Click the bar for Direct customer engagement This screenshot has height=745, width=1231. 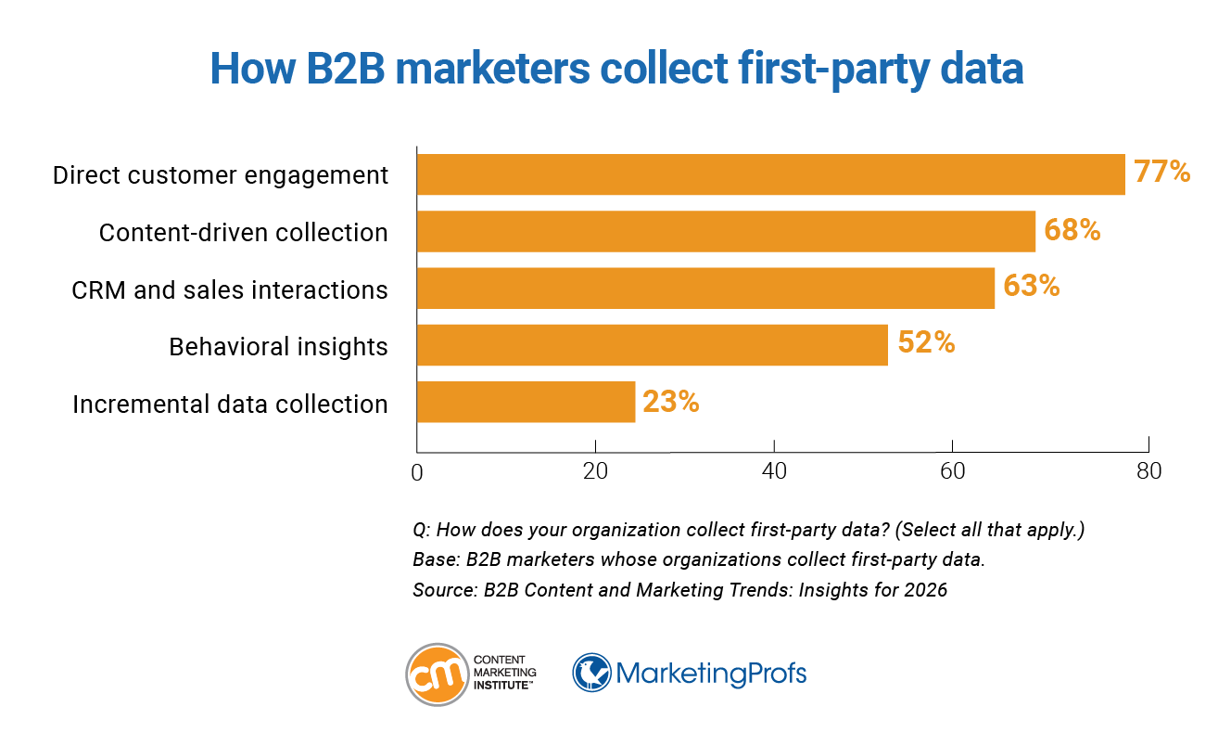click(770, 174)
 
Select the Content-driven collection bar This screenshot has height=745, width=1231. click(726, 231)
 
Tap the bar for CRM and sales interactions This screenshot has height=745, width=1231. click(705, 289)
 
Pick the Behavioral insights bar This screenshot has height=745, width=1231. click(652, 345)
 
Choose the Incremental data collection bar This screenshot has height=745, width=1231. click(526, 403)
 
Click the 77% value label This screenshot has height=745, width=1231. click(1162, 173)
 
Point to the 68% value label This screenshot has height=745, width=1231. click(1072, 230)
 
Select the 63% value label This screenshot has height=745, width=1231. click(1032, 287)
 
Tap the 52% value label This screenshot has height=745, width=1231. click(926, 343)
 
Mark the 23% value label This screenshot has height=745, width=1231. click(671, 402)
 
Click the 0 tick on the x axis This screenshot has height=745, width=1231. click(416, 472)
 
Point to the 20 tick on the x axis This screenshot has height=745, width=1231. click(595, 471)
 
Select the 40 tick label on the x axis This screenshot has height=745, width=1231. click(774, 471)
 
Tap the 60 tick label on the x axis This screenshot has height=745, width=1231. click(953, 471)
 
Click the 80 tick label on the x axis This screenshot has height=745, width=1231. click(1149, 471)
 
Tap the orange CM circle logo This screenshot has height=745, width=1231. click(436, 674)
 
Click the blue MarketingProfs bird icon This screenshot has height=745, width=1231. click(591, 673)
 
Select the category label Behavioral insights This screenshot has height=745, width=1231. click(278, 347)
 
